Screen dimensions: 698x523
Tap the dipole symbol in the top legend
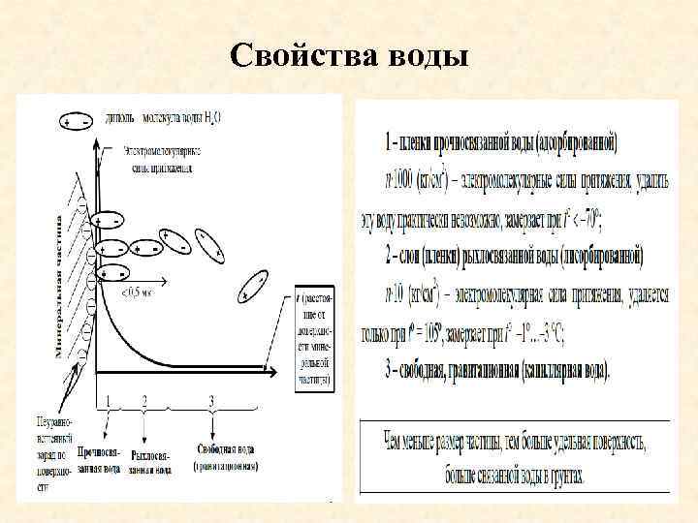[76, 123]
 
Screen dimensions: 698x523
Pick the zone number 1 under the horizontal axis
[109, 399]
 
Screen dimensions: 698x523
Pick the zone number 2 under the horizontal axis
[144, 399]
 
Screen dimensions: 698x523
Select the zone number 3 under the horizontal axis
[211, 400]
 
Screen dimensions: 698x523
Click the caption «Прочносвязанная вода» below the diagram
[100, 461]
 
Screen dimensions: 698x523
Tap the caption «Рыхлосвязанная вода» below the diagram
[151, 461]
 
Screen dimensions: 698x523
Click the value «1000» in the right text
[397, 177]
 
